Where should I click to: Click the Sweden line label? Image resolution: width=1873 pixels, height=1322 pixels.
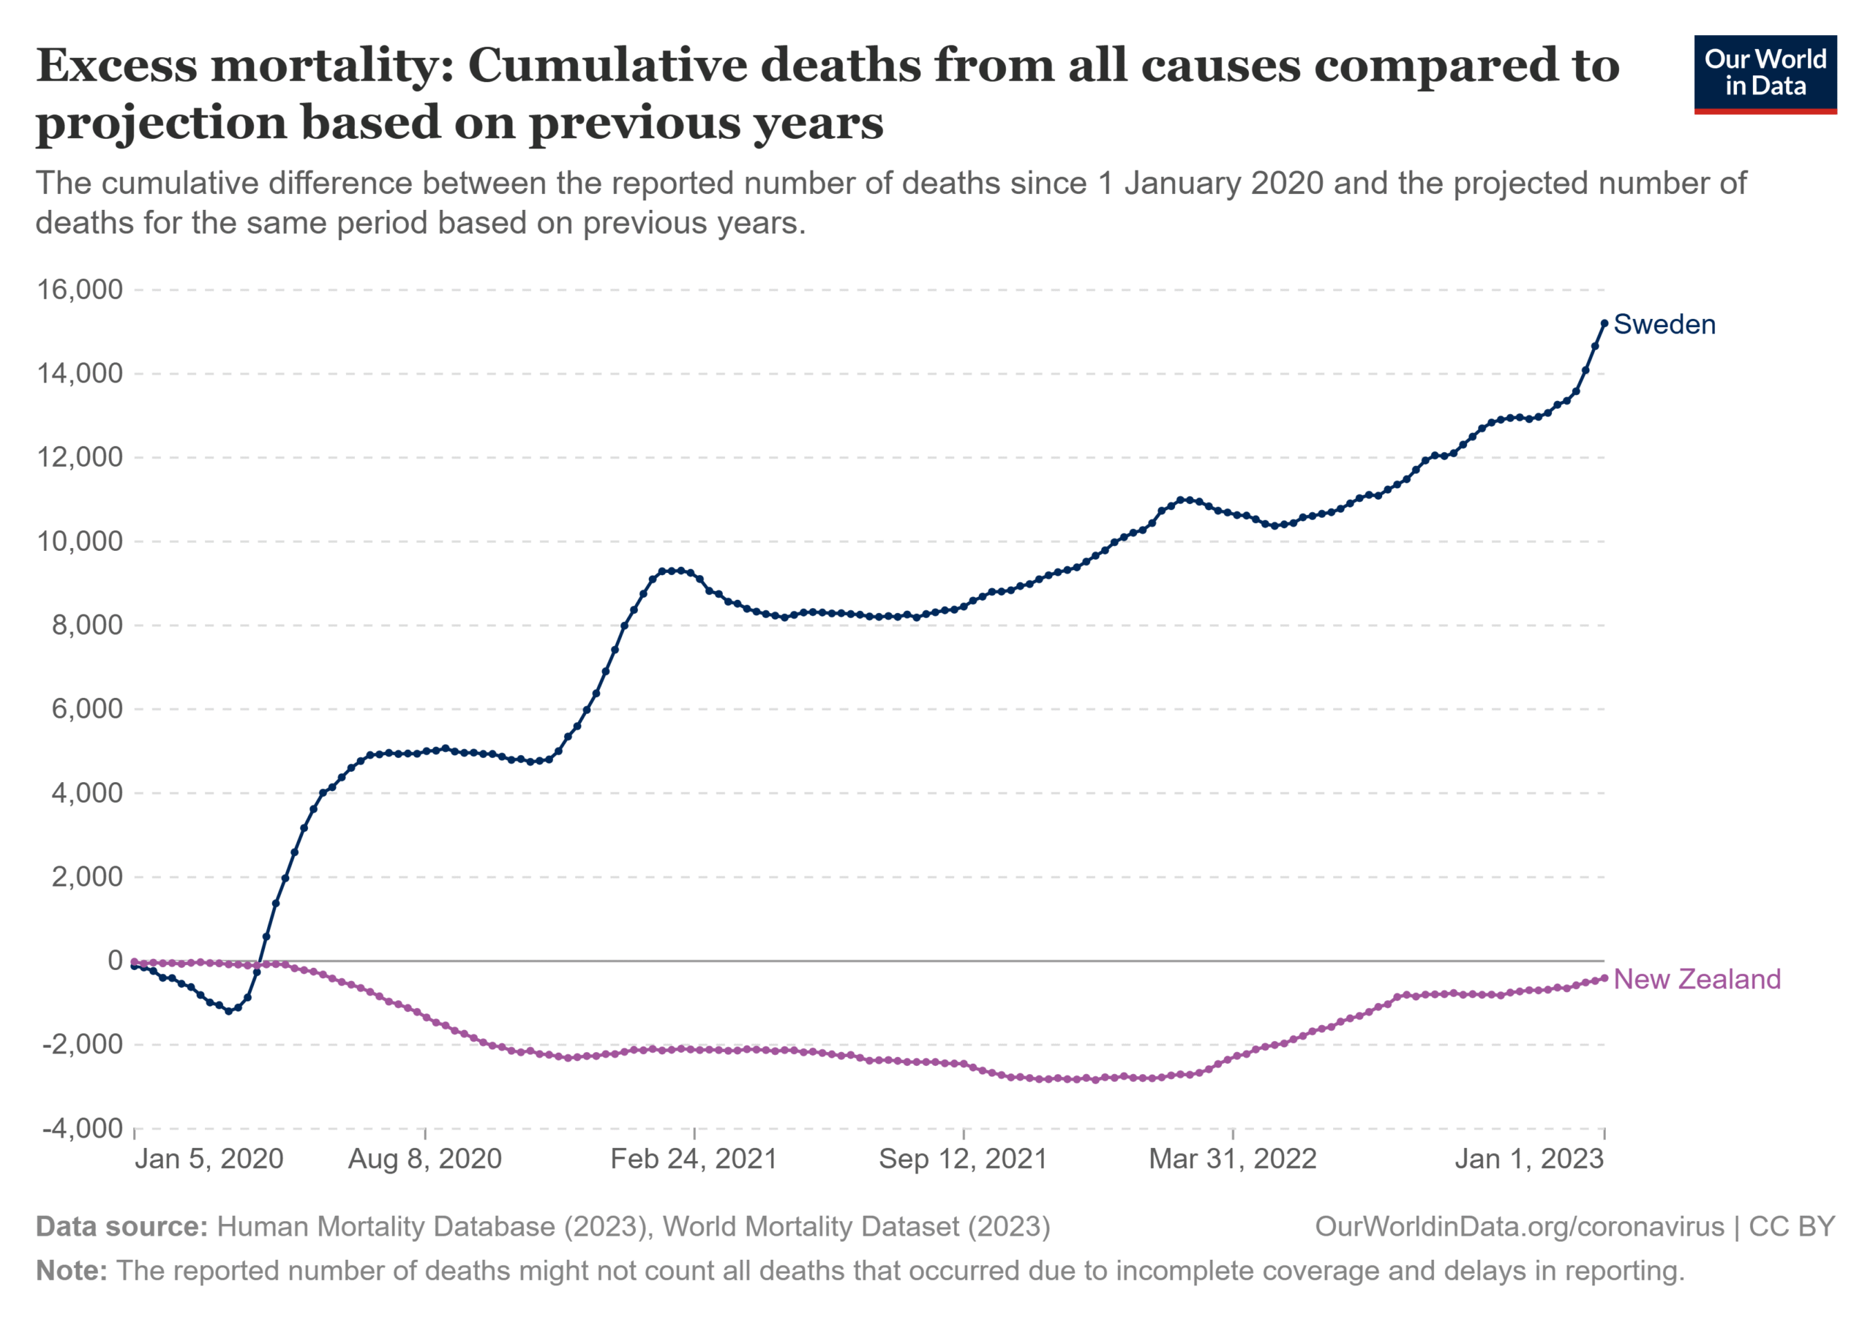1664,325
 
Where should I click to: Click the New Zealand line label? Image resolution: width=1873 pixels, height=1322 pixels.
1697,980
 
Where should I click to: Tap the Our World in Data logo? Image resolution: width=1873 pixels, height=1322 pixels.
1765,74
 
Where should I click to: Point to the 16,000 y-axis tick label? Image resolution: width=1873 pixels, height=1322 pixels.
80,290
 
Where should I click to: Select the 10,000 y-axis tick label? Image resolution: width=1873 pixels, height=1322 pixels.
80,541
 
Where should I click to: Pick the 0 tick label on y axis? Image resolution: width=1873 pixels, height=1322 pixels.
115,961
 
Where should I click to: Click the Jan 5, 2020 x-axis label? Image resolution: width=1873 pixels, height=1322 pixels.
209,1159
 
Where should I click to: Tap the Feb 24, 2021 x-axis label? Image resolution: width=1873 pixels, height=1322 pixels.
694,1159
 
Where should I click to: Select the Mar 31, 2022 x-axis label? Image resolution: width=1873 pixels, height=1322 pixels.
1233,1159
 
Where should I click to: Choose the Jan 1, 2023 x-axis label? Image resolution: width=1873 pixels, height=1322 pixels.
1530,1159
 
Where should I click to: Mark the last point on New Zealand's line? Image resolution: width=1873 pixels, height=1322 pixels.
1604,978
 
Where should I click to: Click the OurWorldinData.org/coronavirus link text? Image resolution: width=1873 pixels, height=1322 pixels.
1520,1227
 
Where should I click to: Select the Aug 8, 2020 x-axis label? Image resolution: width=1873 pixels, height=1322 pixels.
425,1159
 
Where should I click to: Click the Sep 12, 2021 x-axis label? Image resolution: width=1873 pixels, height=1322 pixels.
964,1159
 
